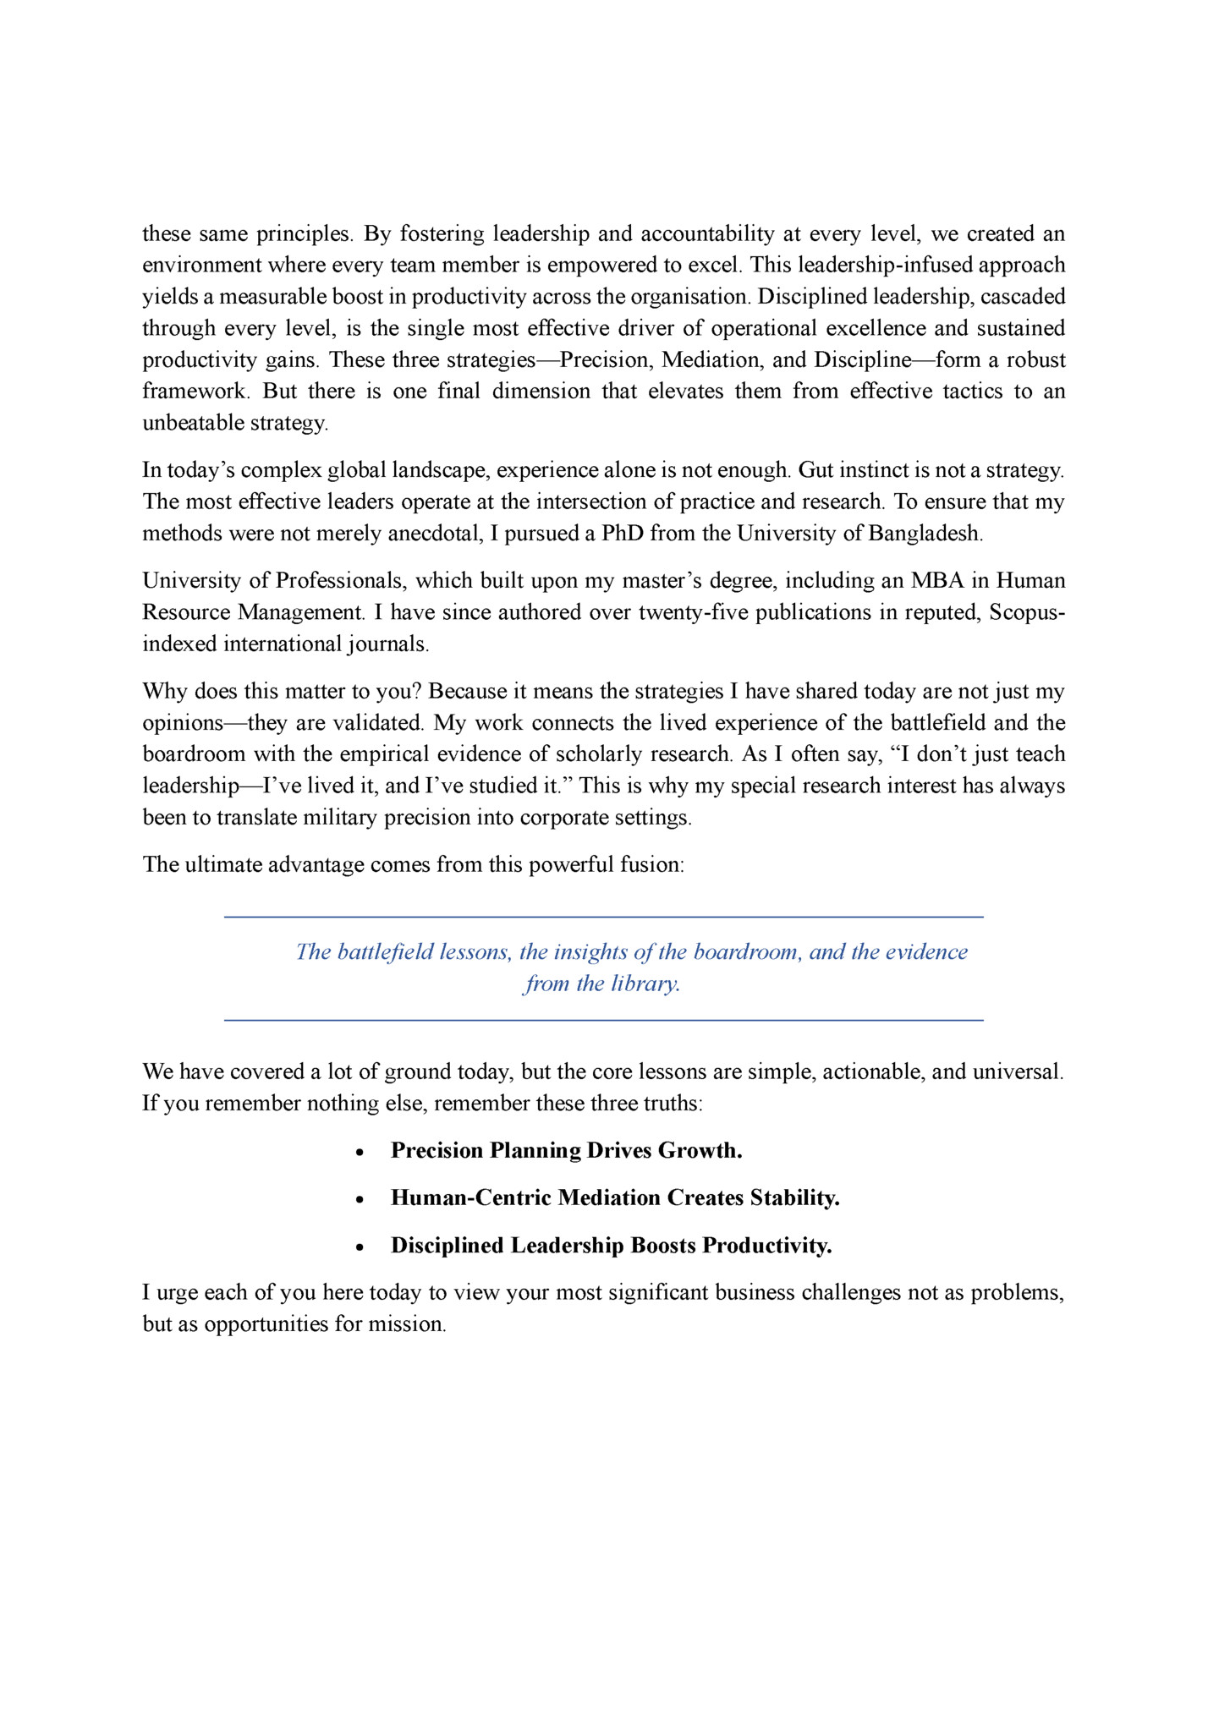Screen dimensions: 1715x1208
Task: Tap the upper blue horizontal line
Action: (x=603, y=917)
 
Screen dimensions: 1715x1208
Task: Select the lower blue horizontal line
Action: (x=603, y=1021)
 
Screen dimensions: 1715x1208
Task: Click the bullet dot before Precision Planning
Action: (x=360, y=1153)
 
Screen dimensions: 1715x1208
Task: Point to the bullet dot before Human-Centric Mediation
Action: (x=360, y=1200)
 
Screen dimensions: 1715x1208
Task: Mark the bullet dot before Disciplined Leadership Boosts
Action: (x=360, y=1247)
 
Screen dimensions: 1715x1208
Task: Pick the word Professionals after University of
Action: (x=339, y=581)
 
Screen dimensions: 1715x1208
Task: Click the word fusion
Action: (x=651, y=865)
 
